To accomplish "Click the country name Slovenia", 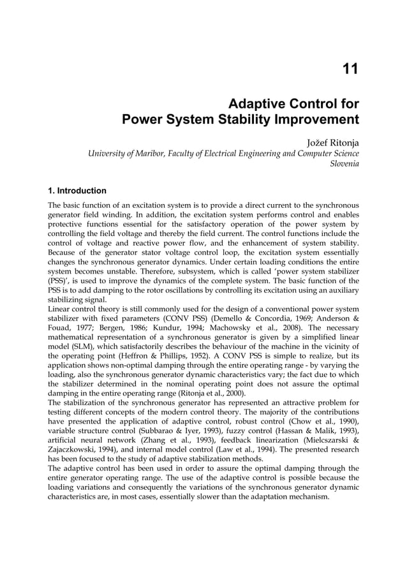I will (343, 164).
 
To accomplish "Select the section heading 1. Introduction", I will (77, 190).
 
